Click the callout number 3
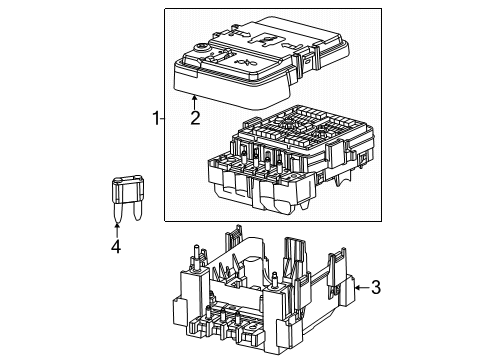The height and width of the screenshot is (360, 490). (375, 289)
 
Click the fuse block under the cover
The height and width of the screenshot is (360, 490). (290, 160)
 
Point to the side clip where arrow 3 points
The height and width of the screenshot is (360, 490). (340, 290)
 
